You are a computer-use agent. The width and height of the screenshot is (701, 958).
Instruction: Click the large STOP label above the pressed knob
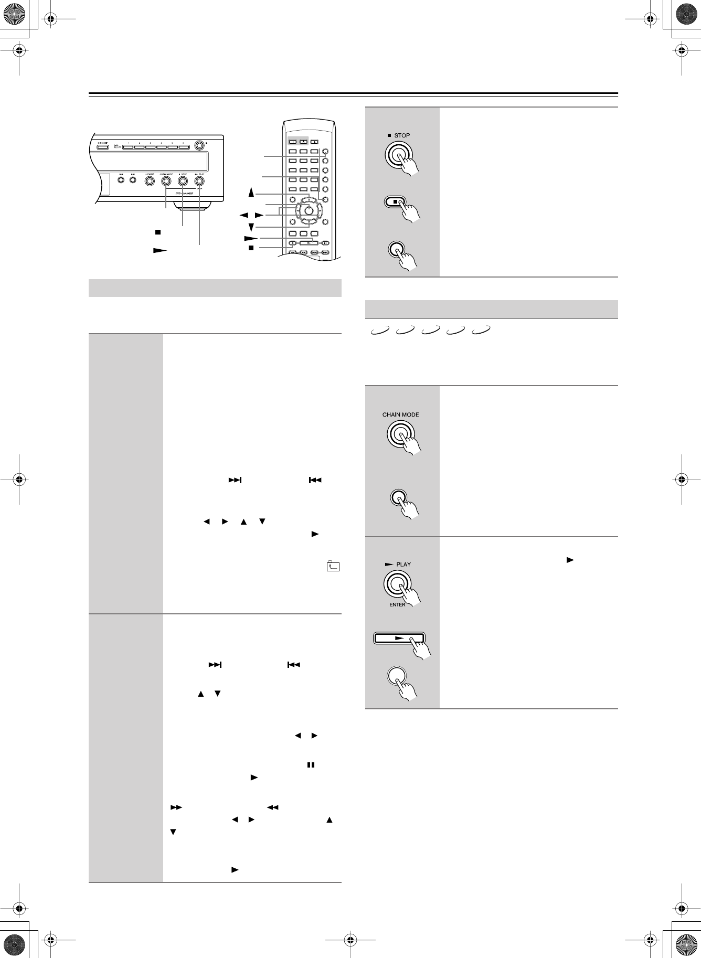click(402, 135)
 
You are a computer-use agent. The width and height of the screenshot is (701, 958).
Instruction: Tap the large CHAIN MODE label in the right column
click(400, 414)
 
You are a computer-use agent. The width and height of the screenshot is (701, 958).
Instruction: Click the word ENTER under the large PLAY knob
click(397, 605)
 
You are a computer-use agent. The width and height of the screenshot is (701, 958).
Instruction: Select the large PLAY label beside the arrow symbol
click(403, 565)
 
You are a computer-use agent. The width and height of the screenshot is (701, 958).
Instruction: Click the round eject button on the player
click(199, 145)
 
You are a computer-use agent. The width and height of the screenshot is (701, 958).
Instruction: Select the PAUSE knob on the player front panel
click(149, 181)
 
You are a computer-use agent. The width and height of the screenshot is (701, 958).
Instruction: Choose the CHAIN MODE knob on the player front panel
click(166, 181)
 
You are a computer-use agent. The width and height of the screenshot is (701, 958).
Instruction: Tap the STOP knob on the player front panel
click(183, 181)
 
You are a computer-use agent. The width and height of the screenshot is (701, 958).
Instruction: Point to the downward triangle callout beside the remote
click(251, 227)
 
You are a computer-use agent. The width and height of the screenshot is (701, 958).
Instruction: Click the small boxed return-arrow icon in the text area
click(333, 567)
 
